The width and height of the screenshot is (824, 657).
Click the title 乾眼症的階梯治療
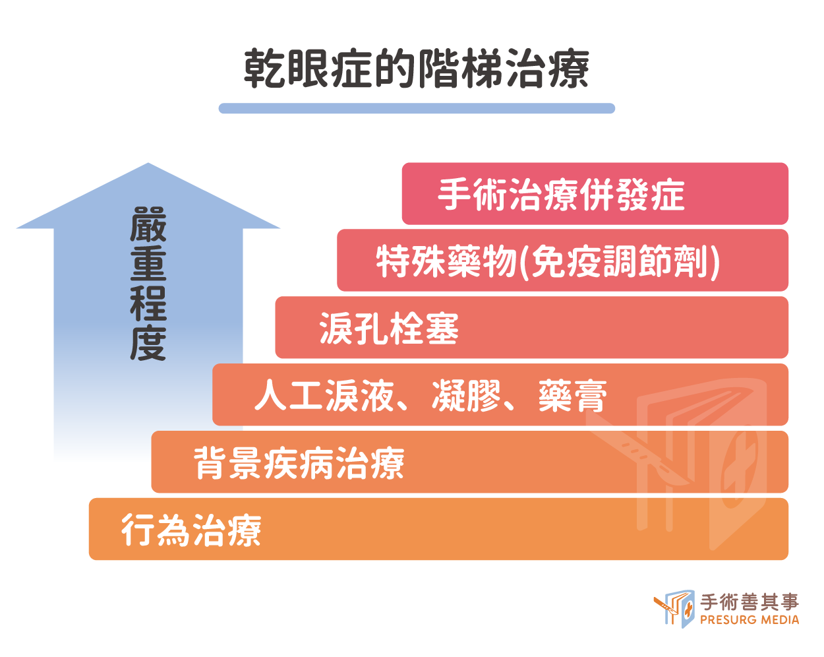[x=416, y=69]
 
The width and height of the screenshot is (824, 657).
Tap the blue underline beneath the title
[x=417, y=108]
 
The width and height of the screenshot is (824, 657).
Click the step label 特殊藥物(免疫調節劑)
[x=548, y=262]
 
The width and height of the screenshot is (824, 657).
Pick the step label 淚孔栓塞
[x=389, y=328]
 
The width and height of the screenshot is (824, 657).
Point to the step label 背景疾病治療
[x=299, y=463]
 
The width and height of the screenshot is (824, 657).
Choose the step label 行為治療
[x=191, y=530]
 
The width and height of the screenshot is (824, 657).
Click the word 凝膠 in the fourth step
[x=466, y=396]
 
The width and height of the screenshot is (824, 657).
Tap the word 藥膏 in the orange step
[x=573, y=396]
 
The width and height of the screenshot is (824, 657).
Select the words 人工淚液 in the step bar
[x=324, y=395]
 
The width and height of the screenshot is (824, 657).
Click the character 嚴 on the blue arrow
[x=148, y=224]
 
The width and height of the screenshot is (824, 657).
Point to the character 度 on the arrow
[x=148, y=343]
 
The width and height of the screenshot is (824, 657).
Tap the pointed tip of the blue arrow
[x=148, y=163]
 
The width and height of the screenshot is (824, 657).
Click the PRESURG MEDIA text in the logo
[x=750, y=620]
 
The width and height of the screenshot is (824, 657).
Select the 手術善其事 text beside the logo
[x=750, y=602]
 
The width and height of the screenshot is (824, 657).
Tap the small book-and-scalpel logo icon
[x=674, y=609]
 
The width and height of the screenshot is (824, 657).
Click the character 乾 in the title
[x=265, y=69]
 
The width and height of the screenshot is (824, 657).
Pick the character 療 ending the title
[x=568, y=69]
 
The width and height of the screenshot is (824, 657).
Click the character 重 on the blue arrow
[x=148, y=264]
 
